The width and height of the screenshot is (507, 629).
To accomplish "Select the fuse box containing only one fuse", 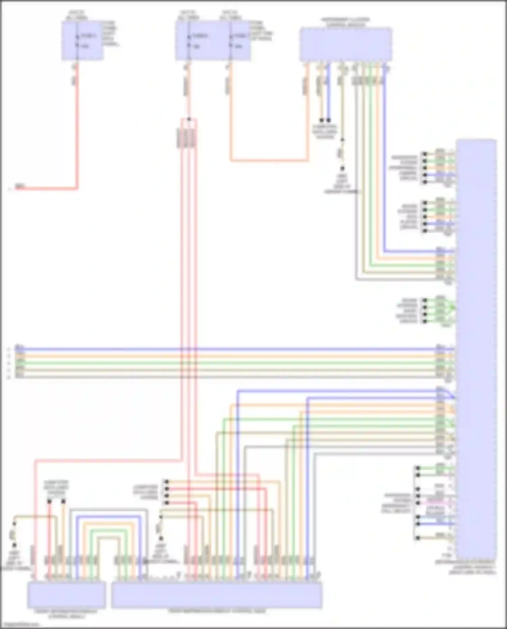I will tap(82, 41).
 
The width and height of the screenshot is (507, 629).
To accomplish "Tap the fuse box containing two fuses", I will tap(213, 41).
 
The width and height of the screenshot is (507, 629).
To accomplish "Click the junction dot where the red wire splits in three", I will tap(189, 119).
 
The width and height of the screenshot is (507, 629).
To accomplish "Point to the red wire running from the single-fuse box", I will tap(77, 135).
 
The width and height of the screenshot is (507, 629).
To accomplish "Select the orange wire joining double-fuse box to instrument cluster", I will tap(270, 161).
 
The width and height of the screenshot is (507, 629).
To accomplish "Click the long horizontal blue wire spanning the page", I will tap(237, 348).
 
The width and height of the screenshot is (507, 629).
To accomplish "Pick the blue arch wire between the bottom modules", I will tap(108, 517).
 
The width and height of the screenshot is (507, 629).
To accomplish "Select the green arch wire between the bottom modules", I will tap(108, 530).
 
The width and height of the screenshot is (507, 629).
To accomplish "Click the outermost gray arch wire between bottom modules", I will tap(108, 509).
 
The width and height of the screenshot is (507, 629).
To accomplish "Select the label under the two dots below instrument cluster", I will tap(325, 132).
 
